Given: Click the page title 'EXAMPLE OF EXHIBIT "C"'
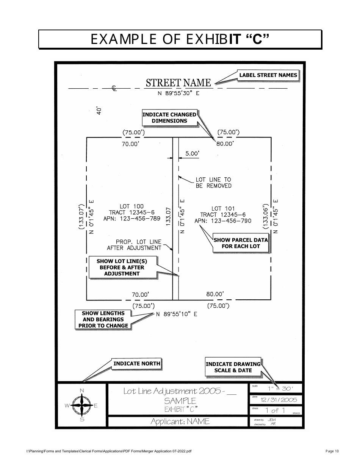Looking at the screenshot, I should pyautogui.click(x=180, y=39).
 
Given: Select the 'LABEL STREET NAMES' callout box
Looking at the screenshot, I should pyautogui.click(x=268, y=75).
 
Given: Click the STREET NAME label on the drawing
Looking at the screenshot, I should pyautogui.click(x=178, y=83).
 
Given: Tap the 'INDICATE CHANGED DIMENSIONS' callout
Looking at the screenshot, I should pyautogui.click(x=169, y=118).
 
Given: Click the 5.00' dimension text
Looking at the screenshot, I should pyautogui.click(x=192, y=153).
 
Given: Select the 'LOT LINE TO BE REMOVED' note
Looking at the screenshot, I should pyautogui.click(x=213, y=183).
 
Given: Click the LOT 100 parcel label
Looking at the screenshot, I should pyautogui.click(x=131, y=206).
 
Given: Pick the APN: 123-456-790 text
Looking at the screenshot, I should pyautogui.click(x=223, y=221).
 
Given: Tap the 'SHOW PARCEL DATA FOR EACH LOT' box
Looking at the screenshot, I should pyautogui.click(x=241, y=243).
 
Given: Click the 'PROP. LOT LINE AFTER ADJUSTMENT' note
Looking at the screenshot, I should pyautogui.click(x=134, y=245).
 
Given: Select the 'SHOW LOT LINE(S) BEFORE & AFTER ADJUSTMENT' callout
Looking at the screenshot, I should pyautogui.click(x=122, y=267).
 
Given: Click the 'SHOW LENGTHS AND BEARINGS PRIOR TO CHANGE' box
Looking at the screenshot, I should pyautogui.click(x=103, y=319).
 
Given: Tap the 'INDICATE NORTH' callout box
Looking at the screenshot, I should pyautogui.click(x=136, y=364).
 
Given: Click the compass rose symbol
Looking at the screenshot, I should pyautogui.click(x=82, y=406).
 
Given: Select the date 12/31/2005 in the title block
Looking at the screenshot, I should pyautogui.click(x=279, y=400).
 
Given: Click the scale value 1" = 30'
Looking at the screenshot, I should pyautogui.click(x=280, y=388).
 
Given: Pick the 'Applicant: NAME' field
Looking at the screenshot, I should pyautogui.click(x=180, y=421).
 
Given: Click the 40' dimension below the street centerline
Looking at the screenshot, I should pyautogui.click(x=99, y=110).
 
